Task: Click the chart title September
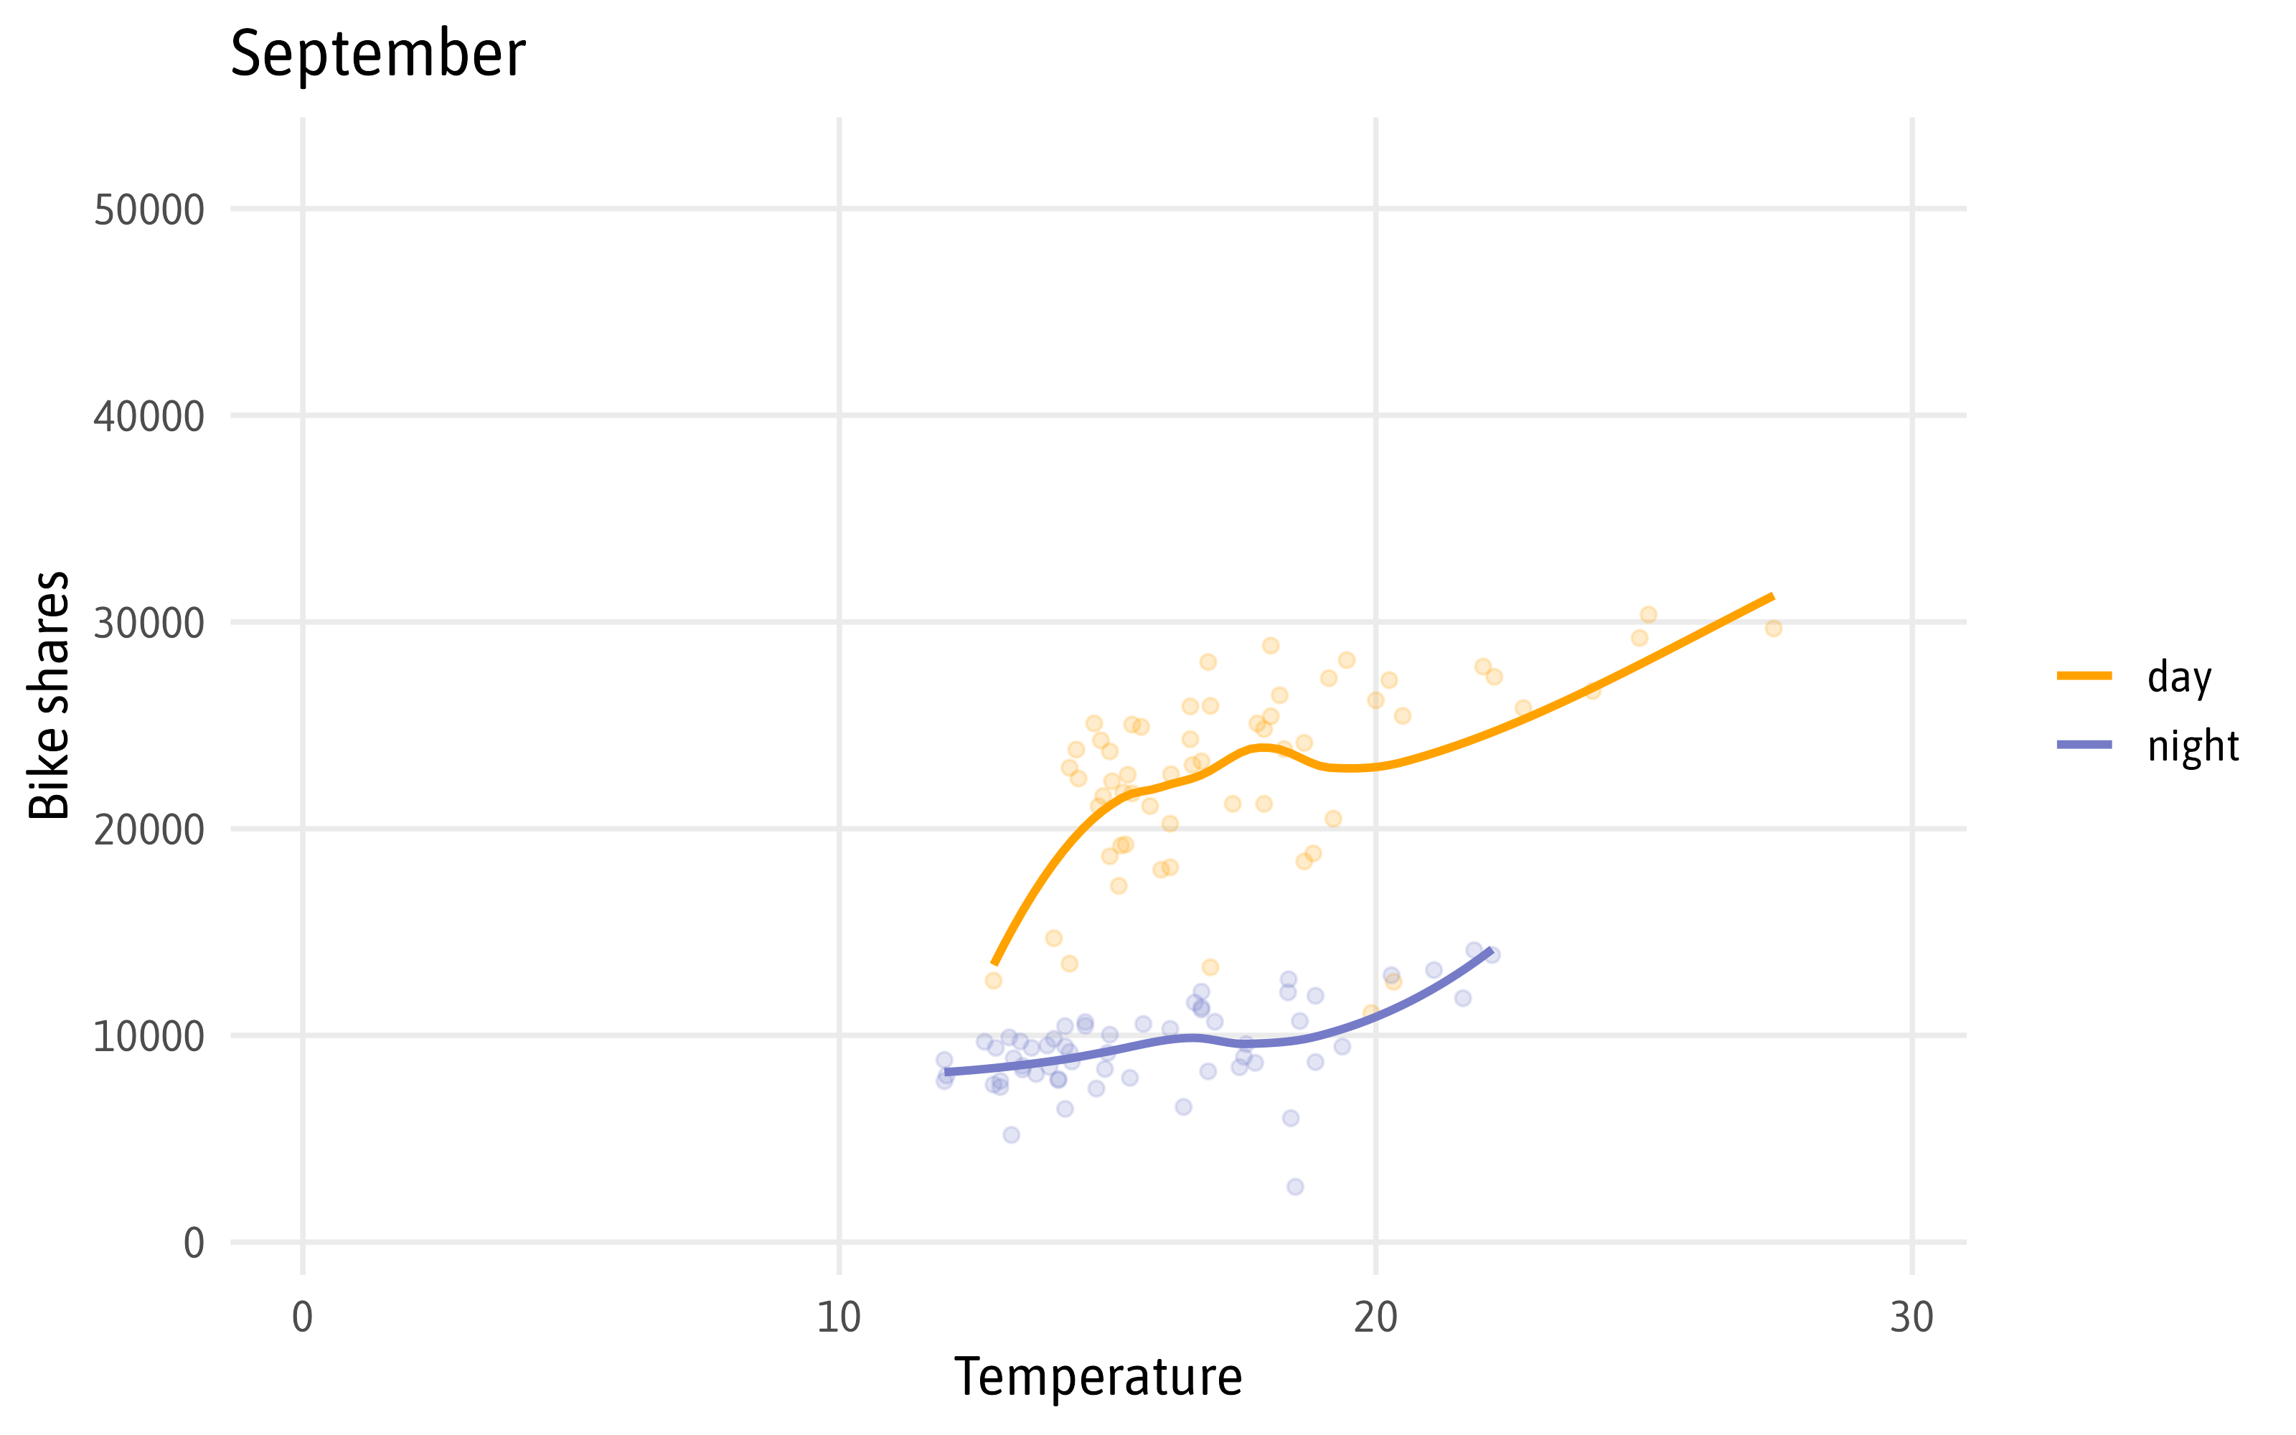coord(377,53)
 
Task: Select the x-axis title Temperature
coord(1098,1376)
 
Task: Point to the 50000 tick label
coord(149,210)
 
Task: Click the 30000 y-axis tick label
coord(149,623)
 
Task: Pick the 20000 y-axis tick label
coord(149,829)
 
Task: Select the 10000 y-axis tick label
coord(149,1035)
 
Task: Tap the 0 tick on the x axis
coord(303,1317)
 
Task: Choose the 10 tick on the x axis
coord(839,1317)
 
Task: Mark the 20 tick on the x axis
coord(1375,1317)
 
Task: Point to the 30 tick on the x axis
coord(1911,1317)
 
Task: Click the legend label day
coord(2179,677)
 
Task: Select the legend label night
coord(2193,746)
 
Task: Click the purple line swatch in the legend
coord(2084,745)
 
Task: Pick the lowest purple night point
coord(1295,1186)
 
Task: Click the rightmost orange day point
coord(1773,629)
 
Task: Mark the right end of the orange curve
coord(1772,596)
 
